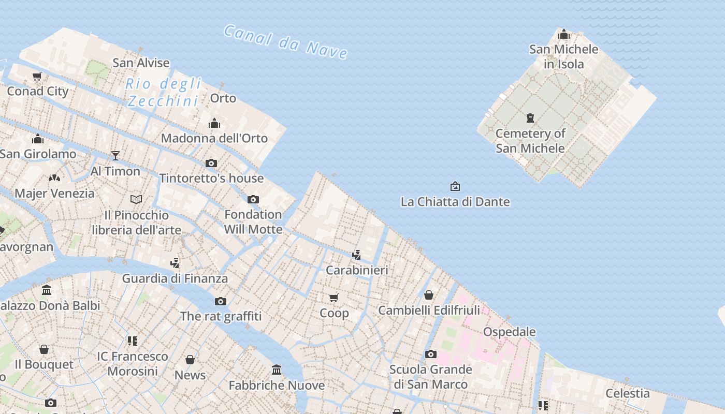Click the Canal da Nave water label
pos(285,41)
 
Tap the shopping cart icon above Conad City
pos(37,77)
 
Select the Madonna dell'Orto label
pos(214,138)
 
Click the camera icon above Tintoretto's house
pos(211,163)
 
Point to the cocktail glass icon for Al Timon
pos(115,155)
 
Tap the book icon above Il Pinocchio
pos(136,199)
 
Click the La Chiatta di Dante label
pos(455,202)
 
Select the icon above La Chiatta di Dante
pos(455,186)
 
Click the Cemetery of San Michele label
pos(530,141)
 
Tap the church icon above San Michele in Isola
pos(564,35)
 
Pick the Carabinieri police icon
pos(356,255)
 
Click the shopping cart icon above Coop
pos(334,298)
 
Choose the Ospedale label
pos(509,332)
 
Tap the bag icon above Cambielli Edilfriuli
pos(429,295)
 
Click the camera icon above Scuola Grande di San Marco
pos(430,354)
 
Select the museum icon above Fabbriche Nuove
pos(277,370)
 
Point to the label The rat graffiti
pos(221,316)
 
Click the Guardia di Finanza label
pos(175,278)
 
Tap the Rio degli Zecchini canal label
pos(163,92)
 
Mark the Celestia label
pos(628,393)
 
